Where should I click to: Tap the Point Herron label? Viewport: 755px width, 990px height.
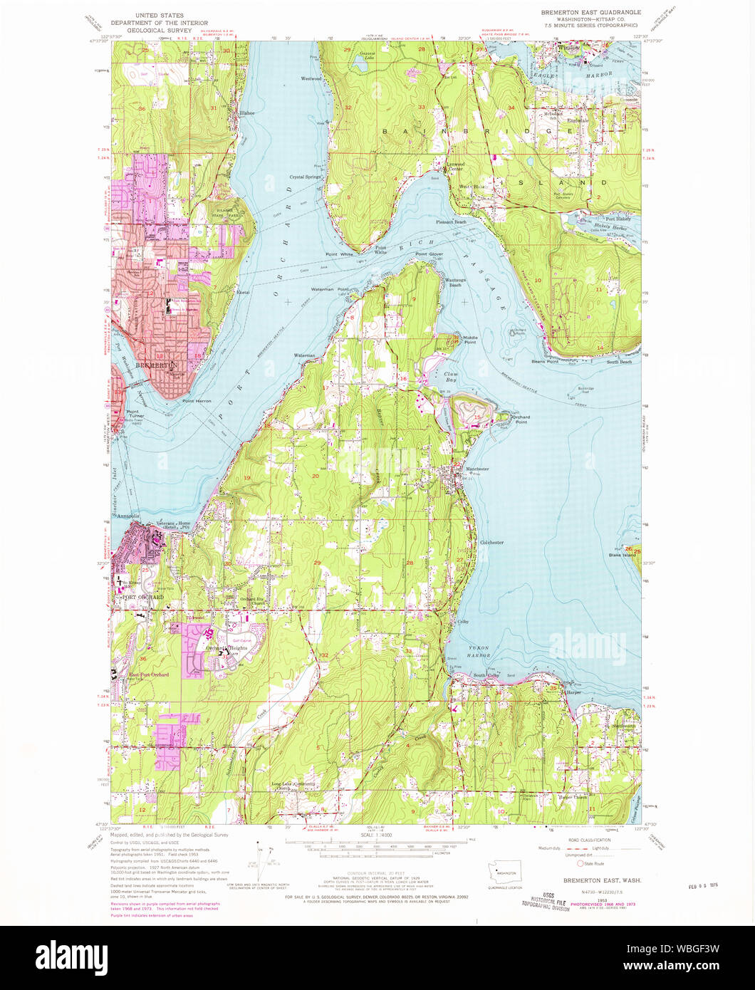click(197, 401)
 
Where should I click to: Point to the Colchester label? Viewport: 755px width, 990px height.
click(491, 542)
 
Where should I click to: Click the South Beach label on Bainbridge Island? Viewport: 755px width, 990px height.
click(618, 362)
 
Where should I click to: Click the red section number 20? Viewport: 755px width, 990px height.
click(315, 475)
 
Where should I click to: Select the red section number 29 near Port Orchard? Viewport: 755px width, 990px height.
click(317, 563)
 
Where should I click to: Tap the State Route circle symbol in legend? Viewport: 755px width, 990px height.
click(580, 863)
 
